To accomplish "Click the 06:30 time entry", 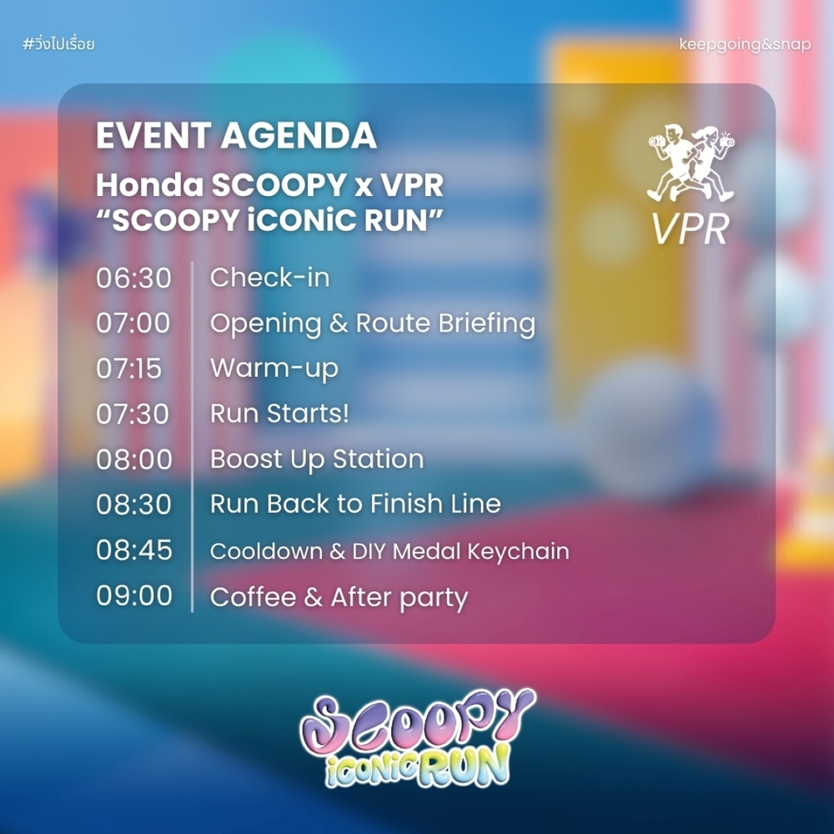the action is (x=133, y=279).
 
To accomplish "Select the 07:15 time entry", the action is (x=128, y=369).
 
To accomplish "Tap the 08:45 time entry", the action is (x=134, y=550).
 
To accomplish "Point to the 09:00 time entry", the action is (x=134, y=595).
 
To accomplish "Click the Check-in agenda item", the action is (x=269, y=278).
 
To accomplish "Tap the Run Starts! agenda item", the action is (x=279, y=414).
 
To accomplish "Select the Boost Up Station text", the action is (x=317, y=460).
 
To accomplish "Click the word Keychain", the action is (x=518, y=551).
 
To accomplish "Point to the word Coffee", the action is (x=254, y=597).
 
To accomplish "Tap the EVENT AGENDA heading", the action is (x=237, y=136).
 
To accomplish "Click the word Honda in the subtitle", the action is (x=150, y=185).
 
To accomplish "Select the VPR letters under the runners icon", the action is (x=690, y=230).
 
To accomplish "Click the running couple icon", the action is (x=691, y=163).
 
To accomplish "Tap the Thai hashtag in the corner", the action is (x=58, y=43).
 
